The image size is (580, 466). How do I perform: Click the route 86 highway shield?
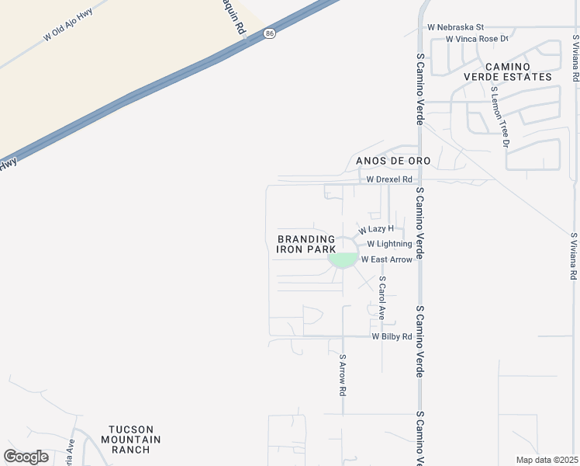point(269,33)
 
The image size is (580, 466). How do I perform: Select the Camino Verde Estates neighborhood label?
point(508,71)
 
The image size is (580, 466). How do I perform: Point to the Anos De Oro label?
point(381,161)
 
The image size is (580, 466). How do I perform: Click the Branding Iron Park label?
point(306,244)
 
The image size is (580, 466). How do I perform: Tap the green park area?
point(343,260)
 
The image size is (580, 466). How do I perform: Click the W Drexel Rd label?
point(391,179)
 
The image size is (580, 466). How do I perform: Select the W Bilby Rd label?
point(392,336)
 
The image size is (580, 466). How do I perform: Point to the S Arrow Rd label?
point(342,376)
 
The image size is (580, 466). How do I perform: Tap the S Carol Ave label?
point(382,297)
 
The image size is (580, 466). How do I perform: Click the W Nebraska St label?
point(455,26)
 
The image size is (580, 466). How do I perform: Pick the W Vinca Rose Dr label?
point(477,38)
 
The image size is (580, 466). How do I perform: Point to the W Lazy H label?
point(376,229)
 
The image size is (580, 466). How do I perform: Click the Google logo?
point(26,456)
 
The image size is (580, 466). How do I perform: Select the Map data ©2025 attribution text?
point(547,460)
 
